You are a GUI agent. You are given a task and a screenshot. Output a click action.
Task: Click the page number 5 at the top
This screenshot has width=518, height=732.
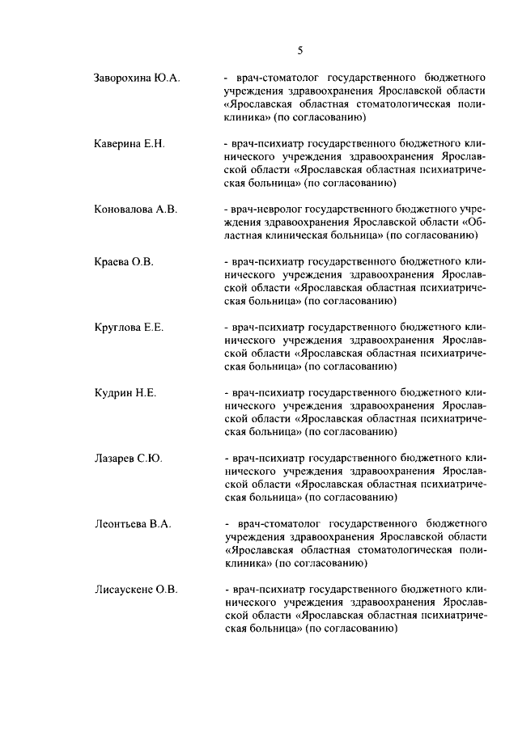point(299,50)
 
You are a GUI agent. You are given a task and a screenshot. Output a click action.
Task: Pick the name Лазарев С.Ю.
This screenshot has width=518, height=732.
point(129,458)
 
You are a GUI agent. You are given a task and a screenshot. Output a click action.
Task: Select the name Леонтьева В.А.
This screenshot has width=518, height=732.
point(133,523)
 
